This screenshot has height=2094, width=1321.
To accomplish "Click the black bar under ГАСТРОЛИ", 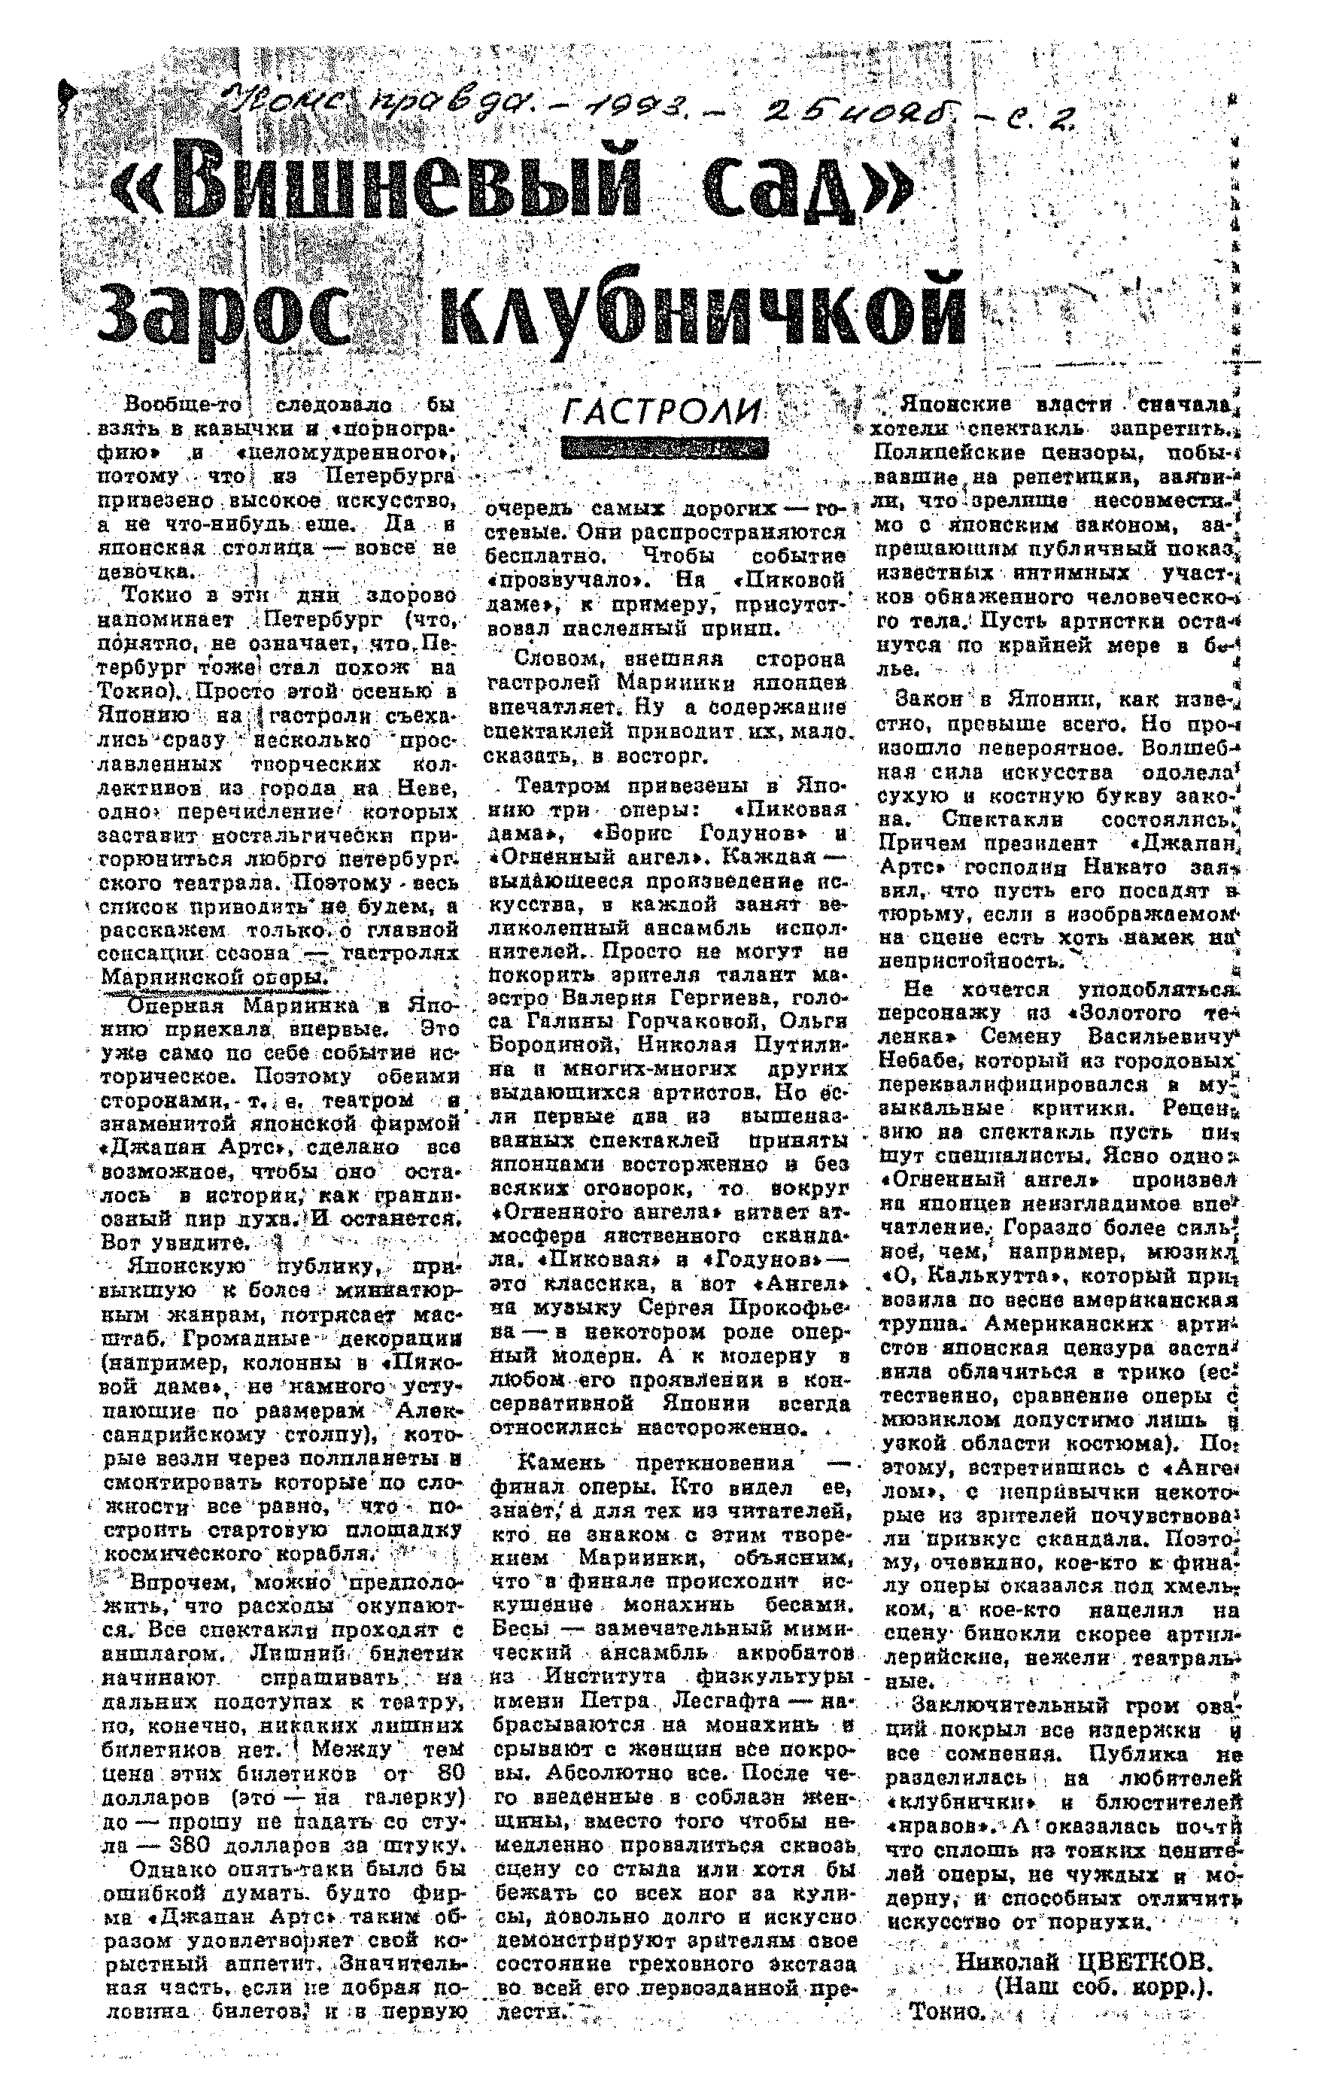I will tap(665, 448).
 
